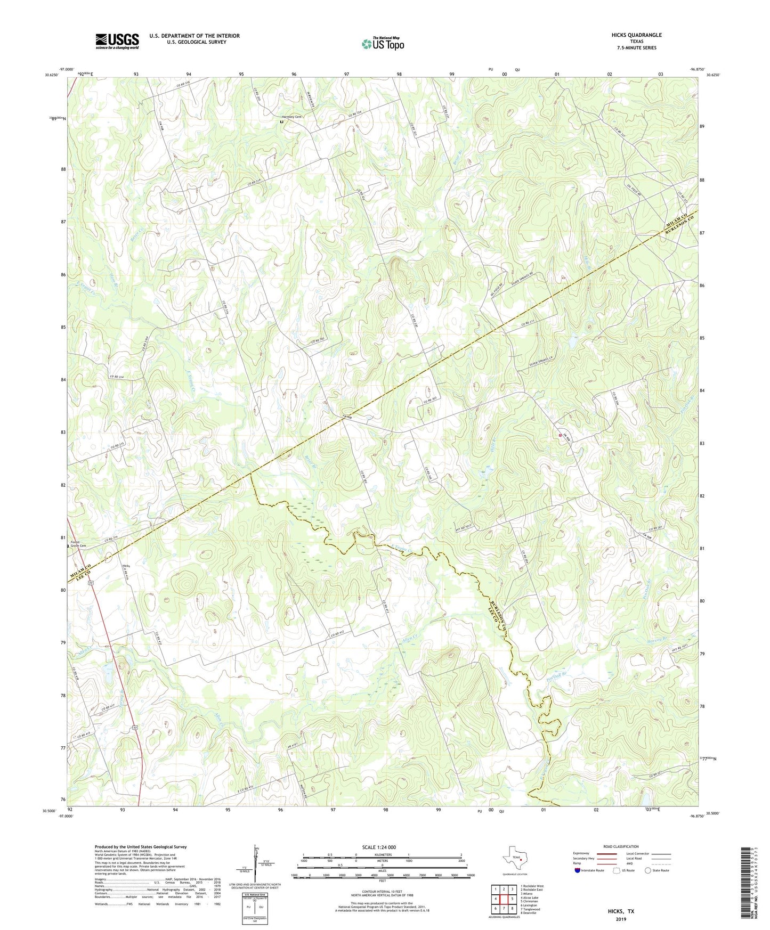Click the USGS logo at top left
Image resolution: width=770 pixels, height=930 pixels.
click(x=117, y=41)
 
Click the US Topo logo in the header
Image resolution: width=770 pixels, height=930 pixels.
click(x=382, y=44)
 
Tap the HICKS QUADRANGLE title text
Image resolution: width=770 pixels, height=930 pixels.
click(x=636, y=35)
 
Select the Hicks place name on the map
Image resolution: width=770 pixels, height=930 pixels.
click(x=126, y=566)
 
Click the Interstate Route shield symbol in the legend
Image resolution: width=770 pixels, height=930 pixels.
click(x=577, y=870)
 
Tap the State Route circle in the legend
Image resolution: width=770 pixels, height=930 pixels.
click(x=648, y=870)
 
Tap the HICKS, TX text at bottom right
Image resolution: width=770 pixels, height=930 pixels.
click(x=621, y=911)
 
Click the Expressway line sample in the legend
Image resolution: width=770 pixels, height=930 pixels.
click(x=606, y=853)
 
